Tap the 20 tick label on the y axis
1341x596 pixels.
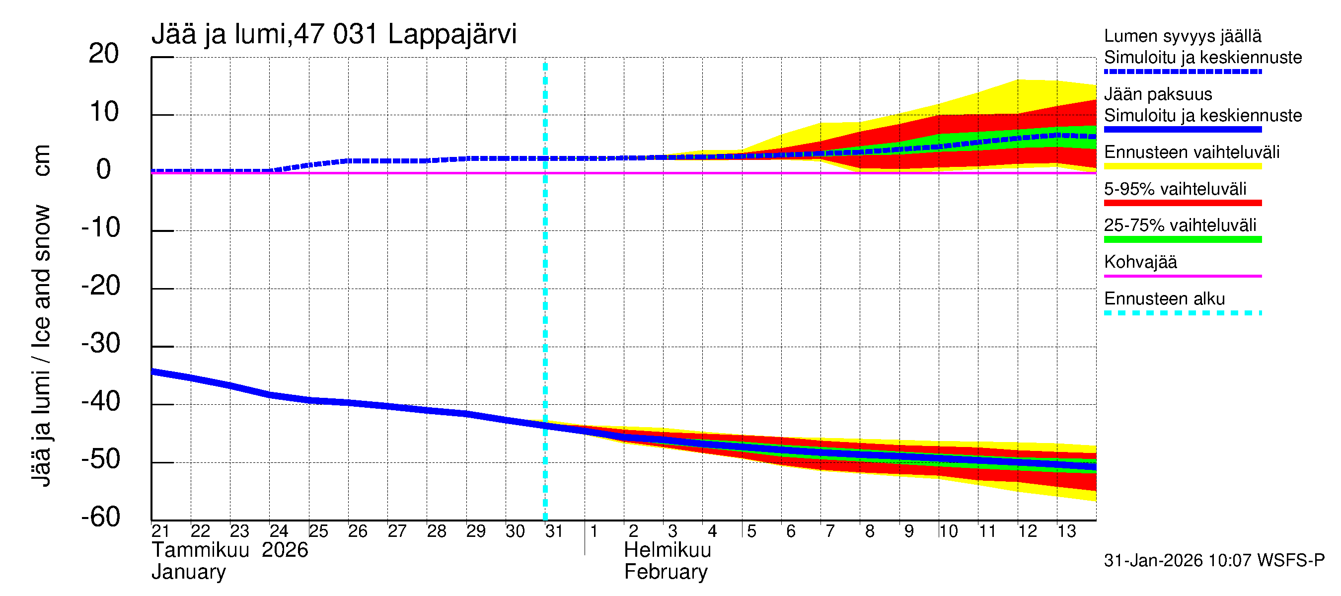click(x=104, y=54)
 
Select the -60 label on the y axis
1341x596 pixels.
click(x=101, y=518)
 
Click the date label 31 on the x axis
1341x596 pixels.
click(x=554, y=531)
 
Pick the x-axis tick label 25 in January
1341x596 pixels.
click(x=318, y=531)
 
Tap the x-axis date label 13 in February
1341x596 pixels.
click(x=1066, y=531)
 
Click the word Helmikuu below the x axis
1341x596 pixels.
click(x=667, y=550)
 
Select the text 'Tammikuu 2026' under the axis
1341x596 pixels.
click(x=229, y=550)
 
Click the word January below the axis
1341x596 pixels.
click(x=188, y=573)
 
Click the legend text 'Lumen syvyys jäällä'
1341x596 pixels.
click(x=1182, y=36)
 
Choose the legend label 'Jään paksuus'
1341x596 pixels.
click(x=1158, y=94)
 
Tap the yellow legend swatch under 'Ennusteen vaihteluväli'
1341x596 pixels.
click(x=1182, y=166)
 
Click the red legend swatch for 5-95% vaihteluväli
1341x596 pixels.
click(x=1182, y=203)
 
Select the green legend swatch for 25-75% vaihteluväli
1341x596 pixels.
click(x=1182, y=239)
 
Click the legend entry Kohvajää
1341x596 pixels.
click(x=1140, y=262)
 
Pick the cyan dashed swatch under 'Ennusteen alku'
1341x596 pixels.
click(x=1182, y=313)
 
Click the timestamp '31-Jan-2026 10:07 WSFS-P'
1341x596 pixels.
click(x=1214, y=561)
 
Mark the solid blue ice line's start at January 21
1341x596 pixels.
click(x=152, y=372)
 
